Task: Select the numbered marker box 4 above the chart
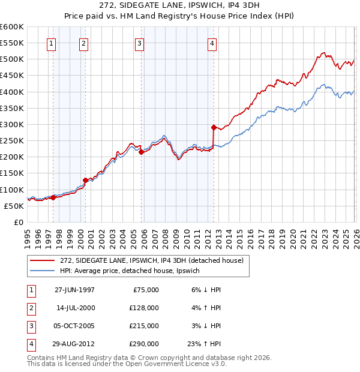tap(212, 43)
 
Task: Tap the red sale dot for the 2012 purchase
tap(214, 127)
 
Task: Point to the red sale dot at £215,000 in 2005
tap(141, 152)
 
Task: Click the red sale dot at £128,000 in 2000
tap(85, 180)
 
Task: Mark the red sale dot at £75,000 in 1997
tap(53, 197)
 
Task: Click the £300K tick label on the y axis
tap(12, 124)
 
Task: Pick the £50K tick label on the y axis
tap(14, 206)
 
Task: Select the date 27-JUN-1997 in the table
tap(74, 289)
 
